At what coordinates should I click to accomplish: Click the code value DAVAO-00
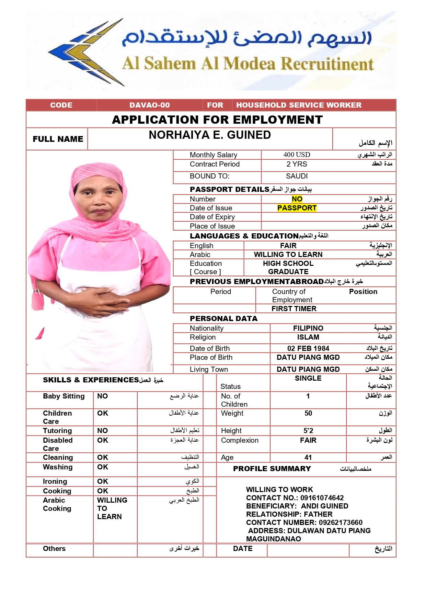(x=150, y=105)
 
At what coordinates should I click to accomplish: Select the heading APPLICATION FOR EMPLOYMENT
(x=217, y=120)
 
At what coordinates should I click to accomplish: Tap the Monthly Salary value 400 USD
(x=297, y=155)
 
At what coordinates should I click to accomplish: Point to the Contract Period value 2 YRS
(x=297, y=164)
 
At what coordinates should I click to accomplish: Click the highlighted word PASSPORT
(x=297, y=208)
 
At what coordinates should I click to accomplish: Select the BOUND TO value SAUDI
(x=297, y=176)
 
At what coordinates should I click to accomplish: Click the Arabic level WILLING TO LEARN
(x=288, y=255)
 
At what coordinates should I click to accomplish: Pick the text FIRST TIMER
(x=294, y=309)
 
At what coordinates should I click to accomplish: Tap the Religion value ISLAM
(x=308, y=337)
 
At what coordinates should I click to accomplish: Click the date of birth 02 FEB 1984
(x=308, y=348)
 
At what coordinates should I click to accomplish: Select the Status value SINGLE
(x=308, y=378)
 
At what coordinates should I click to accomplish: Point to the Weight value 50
(x=308, y=413)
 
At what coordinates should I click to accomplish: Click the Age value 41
(x=308, y=457)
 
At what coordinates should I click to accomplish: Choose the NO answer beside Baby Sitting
(x=102, y=396)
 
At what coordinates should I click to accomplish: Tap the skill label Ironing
(x=55, y=481)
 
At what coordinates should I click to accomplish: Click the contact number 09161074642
(x=322, y=498)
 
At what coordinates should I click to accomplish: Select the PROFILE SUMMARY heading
(x=272, y=469)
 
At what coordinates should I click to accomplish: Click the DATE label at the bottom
(x=243, y=549)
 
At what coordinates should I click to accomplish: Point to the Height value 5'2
(x=308, y=431)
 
